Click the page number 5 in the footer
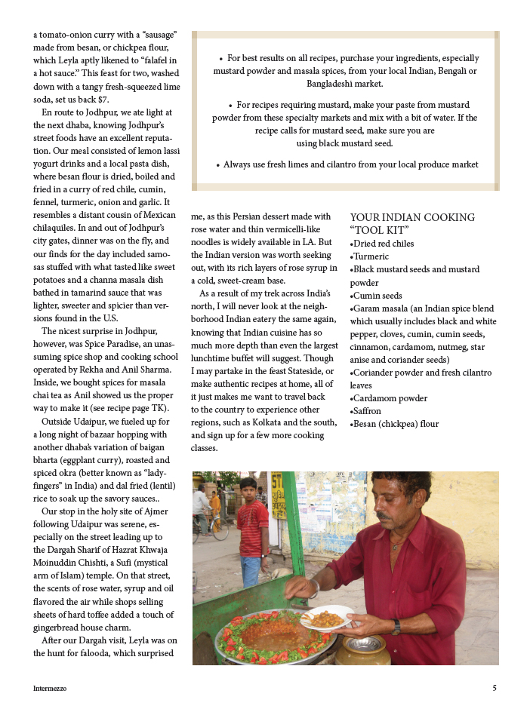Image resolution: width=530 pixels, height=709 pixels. click(494, 688)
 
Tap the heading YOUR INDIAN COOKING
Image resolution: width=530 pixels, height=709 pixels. click(412, 217)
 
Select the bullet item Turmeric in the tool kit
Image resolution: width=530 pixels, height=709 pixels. click(370, 256)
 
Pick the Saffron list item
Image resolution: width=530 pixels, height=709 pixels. click(367, 411)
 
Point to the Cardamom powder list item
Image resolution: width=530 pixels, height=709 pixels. click(389, 398)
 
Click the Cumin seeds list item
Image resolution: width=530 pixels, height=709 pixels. click(377, 296)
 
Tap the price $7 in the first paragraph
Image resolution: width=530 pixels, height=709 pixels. click(103, 99)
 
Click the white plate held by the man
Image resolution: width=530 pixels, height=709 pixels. click(326, 617)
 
